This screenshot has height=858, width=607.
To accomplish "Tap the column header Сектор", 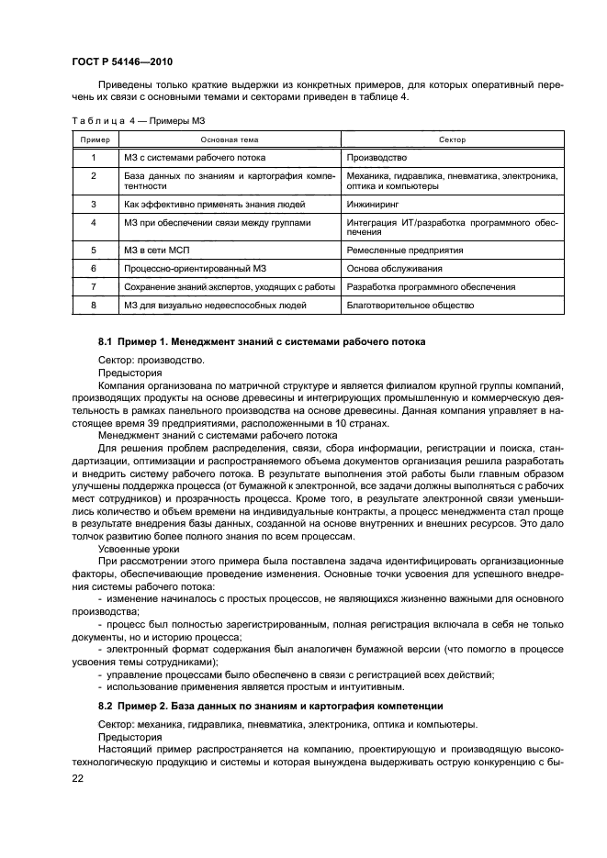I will (x=452, y=139).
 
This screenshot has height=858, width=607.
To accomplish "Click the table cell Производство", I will (x=371, y=157).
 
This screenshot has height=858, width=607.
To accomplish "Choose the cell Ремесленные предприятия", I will (x=404, y=250).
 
